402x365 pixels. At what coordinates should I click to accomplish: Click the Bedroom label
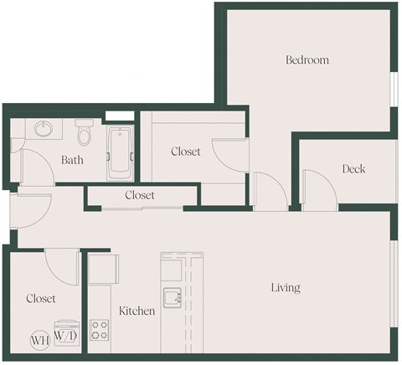pyautogui.click(x=307, y=60)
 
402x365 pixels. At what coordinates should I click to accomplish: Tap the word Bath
pyautogui.click(x=71, y=160)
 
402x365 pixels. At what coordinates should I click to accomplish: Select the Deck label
pyautogui.click(x=353, y=169)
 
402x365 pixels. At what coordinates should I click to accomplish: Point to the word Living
pyautogui.click(x=286, y=288)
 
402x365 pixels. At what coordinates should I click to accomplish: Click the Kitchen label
pyautogui.click(x=136, y=311)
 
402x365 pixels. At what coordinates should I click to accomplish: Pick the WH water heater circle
pyautogui.click(x=39, y=340)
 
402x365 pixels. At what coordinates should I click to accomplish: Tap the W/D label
pyautogui.click(x=65, y=336)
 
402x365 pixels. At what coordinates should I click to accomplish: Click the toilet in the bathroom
pyautogui.click(x=83, y=134)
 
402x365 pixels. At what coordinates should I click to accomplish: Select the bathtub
pyautogui.click(x=120, y=153)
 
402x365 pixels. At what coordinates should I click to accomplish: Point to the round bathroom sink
pyautogui.click(x=44, y=131)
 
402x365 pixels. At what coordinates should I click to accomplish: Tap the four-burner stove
pyautogui.click(x=100, y=329)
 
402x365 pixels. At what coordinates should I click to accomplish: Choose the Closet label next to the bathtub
pyautogui.click(x=185, y=152)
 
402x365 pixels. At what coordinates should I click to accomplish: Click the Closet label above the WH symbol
pyautogui.click(x=40, y=298)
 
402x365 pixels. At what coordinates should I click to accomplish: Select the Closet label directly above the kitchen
pyautogui.click(x=140, y=195)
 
